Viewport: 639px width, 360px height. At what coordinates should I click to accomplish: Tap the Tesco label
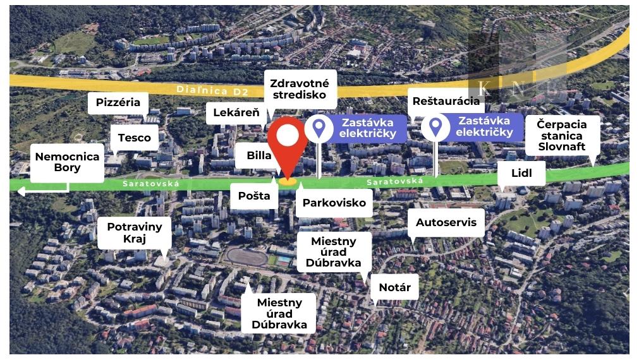[x=134, y=138]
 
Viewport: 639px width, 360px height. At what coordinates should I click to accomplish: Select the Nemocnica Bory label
[x=67, y=162]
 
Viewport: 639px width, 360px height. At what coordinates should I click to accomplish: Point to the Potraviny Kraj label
[x=134, y=232]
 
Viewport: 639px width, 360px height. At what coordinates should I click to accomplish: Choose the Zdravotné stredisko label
[x=300, y=89]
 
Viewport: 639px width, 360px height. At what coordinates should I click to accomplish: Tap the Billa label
[x=259, y=156]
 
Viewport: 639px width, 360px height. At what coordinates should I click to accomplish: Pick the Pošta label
[x=254, y=195]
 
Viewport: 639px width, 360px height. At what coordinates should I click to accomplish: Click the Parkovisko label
[x=334, y=203]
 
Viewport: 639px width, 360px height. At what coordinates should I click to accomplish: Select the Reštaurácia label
[x=446, y=101]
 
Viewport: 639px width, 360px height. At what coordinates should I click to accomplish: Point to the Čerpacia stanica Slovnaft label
[x=562, y=135]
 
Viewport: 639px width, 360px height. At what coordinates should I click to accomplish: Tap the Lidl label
[x=521, y=173]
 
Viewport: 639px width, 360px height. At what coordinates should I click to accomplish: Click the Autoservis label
[x=449, y=222]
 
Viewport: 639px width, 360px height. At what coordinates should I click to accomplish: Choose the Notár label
[x=394, y=287]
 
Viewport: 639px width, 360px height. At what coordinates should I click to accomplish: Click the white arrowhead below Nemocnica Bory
[x=21, y=191]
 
